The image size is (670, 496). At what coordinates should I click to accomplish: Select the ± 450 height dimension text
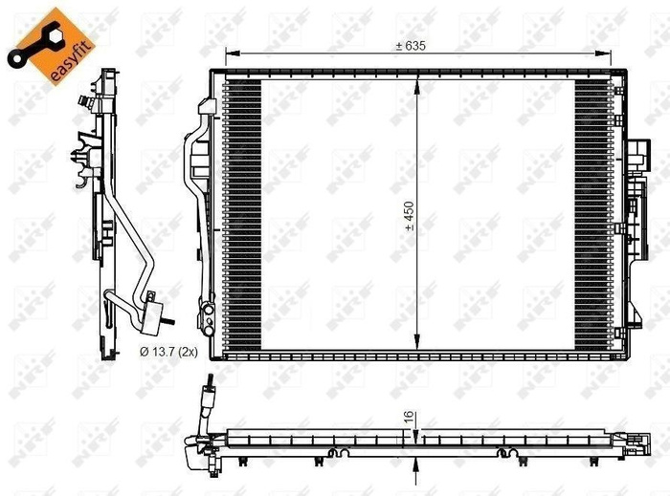tap(409, 215)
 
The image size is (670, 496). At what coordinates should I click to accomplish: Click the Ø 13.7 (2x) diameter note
tap(168, 352)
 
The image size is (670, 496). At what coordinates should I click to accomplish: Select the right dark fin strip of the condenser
tap(591, 215)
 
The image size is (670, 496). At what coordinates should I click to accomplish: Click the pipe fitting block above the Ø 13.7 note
tap(152, 308)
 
